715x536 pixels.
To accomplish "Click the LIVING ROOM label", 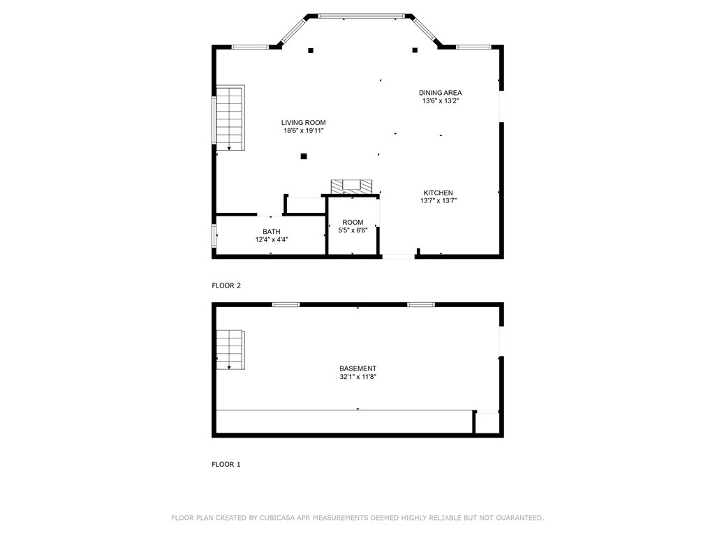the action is (303, 123).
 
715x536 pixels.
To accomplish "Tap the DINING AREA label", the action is (440, 93).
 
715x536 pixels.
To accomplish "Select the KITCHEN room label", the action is (438, 193).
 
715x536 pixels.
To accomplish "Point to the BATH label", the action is (272, 232).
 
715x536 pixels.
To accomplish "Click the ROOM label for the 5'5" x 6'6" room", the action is (353, 223).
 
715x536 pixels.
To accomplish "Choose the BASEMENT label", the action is (358, 368).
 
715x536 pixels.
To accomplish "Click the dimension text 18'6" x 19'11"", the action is (304, 131).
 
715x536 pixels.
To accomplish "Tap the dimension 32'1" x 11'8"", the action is (358, 377).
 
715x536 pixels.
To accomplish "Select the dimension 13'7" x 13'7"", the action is (438, 200).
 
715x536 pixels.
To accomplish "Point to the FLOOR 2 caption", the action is (226, 285).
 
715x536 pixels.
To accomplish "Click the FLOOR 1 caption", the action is (226, 464).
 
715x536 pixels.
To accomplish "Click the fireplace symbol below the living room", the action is (351, 186).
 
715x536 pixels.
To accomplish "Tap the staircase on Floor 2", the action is (230, 117).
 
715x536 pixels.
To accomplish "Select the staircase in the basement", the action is (230, 350).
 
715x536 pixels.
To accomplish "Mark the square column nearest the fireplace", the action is (304, 156).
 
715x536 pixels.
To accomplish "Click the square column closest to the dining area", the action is (415, 50).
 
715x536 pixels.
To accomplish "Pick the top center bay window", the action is (361, 17).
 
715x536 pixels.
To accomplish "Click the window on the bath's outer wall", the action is (214, 235).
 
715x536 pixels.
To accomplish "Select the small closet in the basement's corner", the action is (487, 422).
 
